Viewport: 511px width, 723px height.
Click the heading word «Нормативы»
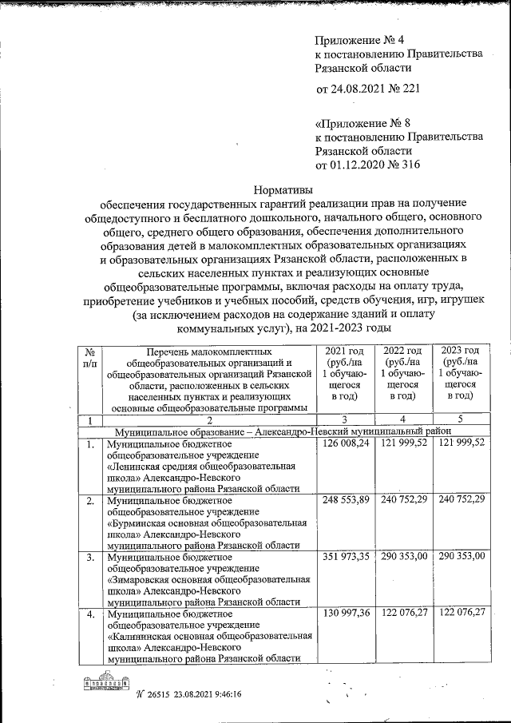(283, 190)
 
